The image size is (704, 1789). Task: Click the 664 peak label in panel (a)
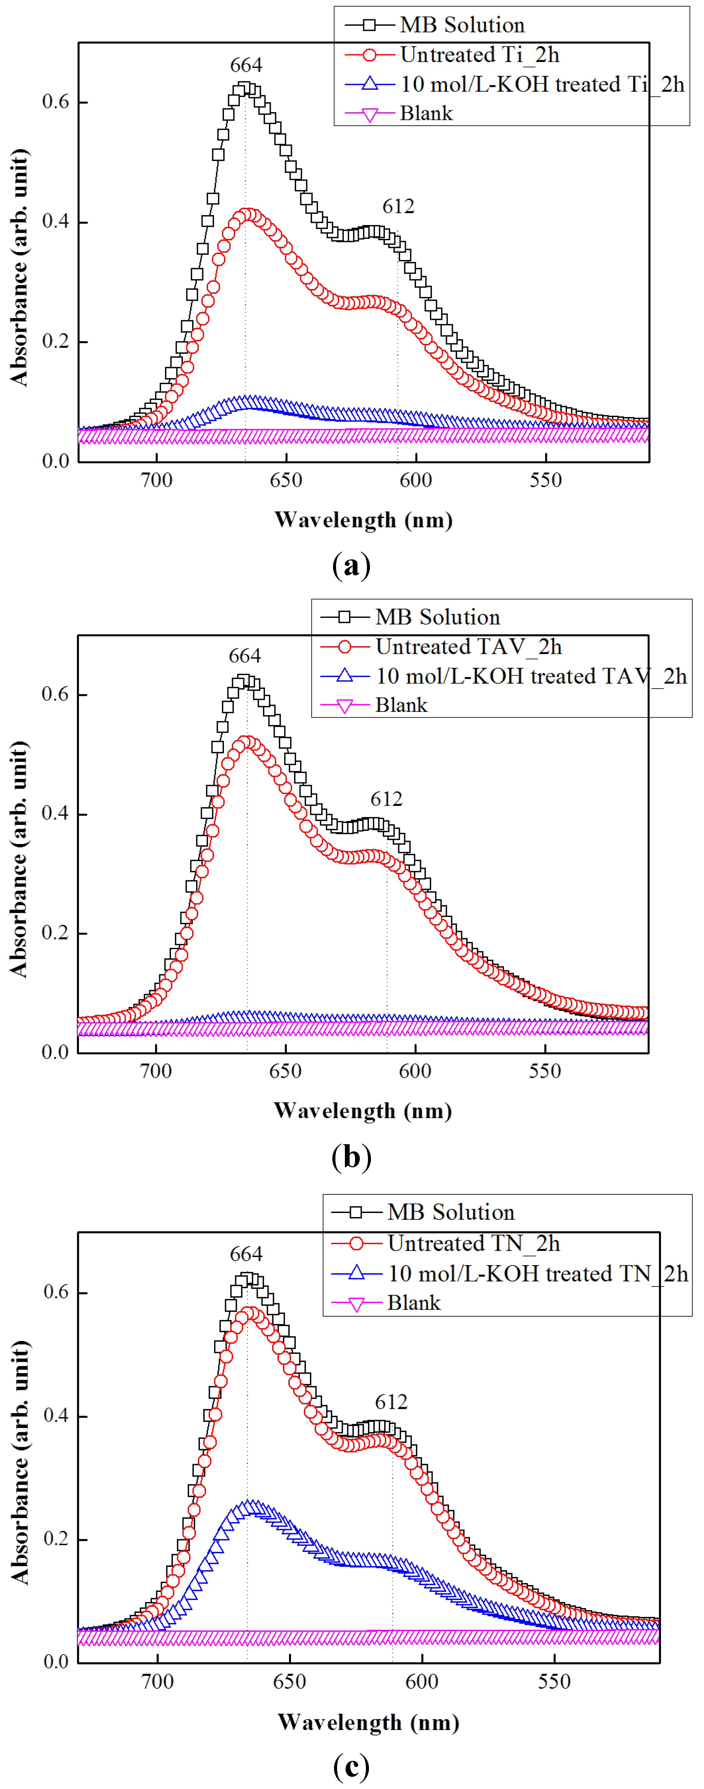246,65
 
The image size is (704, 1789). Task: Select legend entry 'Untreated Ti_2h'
479,55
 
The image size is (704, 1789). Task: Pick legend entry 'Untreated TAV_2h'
468,646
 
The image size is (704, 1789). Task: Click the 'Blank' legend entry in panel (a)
426,113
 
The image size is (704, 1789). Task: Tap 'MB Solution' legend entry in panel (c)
451,1212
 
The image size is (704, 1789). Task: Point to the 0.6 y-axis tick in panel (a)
56,102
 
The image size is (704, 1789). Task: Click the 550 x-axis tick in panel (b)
545,1071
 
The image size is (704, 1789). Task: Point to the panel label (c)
351,1766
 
